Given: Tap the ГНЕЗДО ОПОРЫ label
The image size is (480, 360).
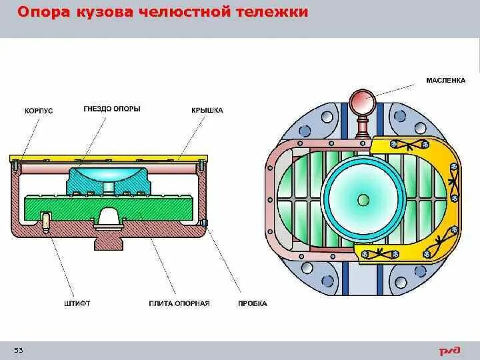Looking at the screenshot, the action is tap(112, 109).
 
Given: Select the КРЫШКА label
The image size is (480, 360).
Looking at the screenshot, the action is tap(207, 110).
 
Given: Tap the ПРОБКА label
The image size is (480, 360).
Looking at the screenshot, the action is tap(252, 303).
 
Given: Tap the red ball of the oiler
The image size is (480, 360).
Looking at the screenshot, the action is tap(364, 102).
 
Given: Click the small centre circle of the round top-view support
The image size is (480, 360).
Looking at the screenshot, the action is tap(363, 199).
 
